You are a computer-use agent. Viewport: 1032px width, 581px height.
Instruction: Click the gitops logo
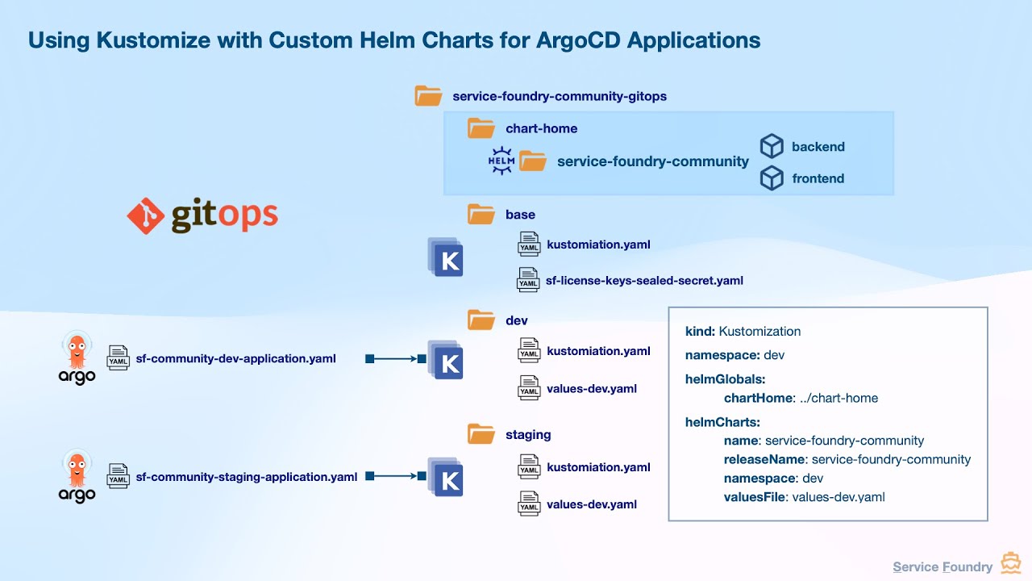(x=202, y=215)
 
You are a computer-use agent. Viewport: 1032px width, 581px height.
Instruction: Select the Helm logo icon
(x=501, y=161)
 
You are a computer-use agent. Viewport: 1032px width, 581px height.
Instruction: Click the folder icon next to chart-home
(x=481, y=128)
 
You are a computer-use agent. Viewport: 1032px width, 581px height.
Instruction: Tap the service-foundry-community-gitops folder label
(x=559, y=96)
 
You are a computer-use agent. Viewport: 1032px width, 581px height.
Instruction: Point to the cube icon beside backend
(x=772, y=146)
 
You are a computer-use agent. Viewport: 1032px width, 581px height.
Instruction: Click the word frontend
(x=818, y=178)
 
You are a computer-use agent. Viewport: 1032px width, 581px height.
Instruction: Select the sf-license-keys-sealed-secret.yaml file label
(x=643, y=281)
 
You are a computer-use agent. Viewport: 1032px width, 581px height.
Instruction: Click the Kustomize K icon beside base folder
(x=447, y=258)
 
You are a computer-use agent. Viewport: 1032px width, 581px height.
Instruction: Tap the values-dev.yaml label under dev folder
(x=591, y=388)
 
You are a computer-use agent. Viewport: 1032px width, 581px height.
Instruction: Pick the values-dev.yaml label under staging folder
(x=591, y=504)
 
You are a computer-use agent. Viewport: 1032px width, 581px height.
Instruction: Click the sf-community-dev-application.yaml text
(x=235, y=358)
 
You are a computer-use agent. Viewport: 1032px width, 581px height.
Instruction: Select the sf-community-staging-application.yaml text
(x=246, y=477)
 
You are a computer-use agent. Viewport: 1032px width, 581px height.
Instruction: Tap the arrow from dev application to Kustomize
(x=395, y=358)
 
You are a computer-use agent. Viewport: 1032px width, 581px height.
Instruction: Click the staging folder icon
(x=481, y=434)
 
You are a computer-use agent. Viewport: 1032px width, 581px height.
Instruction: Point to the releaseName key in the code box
(x=765, y=459)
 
